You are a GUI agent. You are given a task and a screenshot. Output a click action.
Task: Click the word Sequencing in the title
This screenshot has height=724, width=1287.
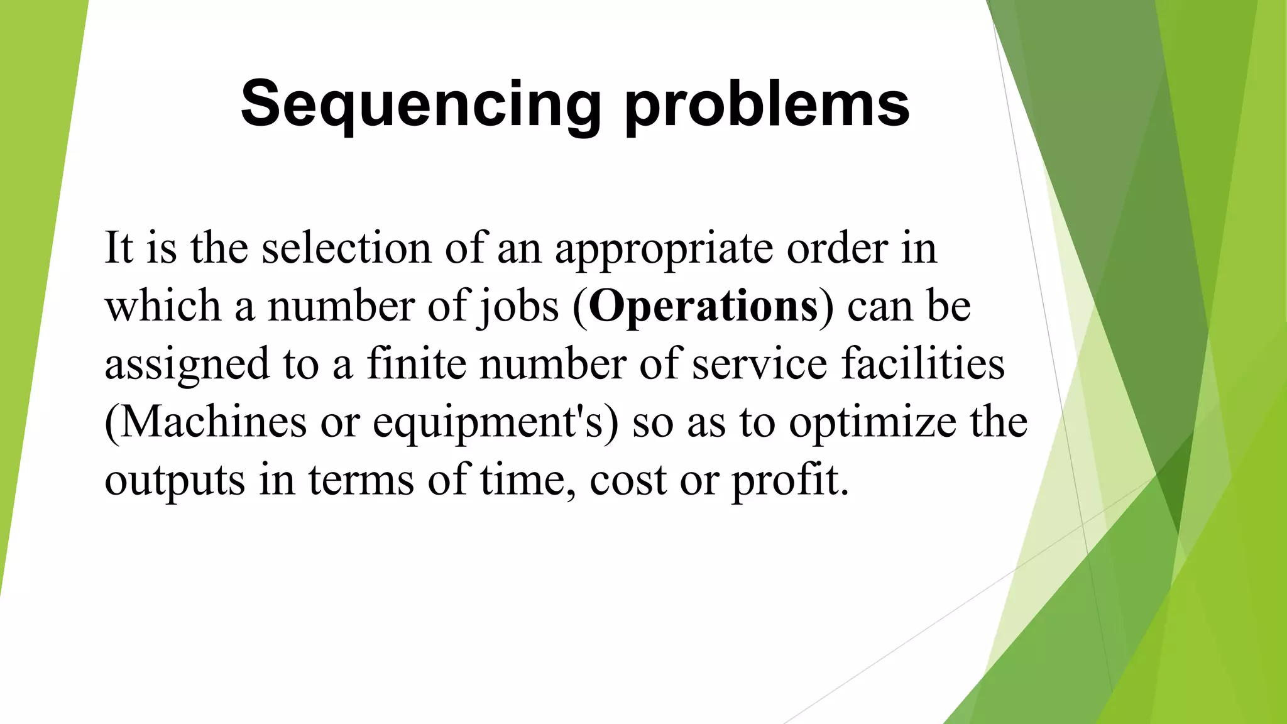[x=420, y=104]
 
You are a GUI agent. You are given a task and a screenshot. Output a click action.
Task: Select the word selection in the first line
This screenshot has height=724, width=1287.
[x=346, y=248]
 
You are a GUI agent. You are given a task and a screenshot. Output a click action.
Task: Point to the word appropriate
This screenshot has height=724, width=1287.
[x=664, y=249]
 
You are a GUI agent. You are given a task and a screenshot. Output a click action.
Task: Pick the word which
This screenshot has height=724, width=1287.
[x=163, y=306]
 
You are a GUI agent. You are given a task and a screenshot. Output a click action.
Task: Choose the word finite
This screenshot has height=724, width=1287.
[x=415, y=364]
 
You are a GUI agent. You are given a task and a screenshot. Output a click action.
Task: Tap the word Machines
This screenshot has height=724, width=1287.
[x=212, y=422]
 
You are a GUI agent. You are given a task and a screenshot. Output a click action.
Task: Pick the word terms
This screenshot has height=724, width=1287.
[x=361, y=480]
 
